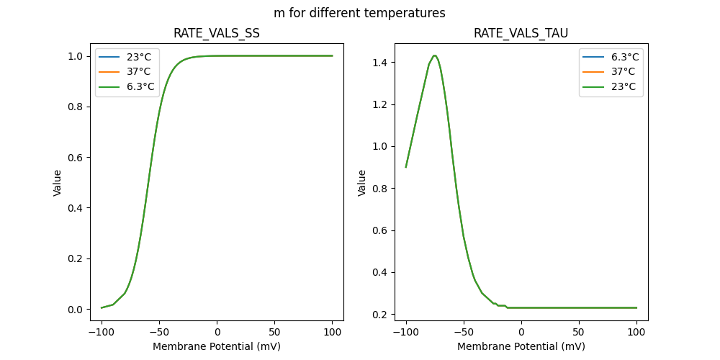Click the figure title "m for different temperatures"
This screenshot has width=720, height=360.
tap(359, 13)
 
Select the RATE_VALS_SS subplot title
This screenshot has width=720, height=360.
tap(217, 34)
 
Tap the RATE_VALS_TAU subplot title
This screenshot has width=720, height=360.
tap(521, 34)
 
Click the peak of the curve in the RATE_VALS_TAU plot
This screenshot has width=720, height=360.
tap(434, 55)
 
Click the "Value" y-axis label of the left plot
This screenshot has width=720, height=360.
tap(58, 183)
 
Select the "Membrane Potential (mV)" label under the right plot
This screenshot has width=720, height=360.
tap(521, 346)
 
